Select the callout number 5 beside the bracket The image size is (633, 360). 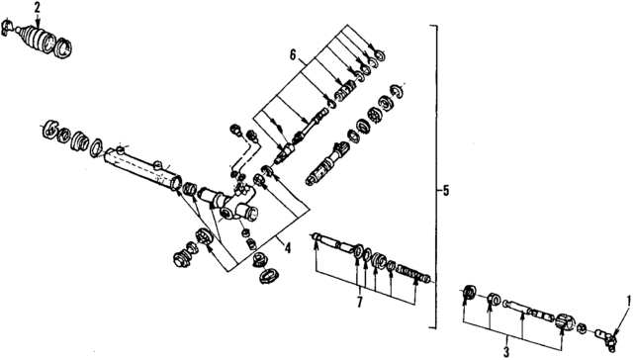[x=447, y=189]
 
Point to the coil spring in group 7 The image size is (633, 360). [x=419, y=271]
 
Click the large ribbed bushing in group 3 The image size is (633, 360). [x=566, y=323]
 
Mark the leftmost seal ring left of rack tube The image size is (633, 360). [x=47, y=128]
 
